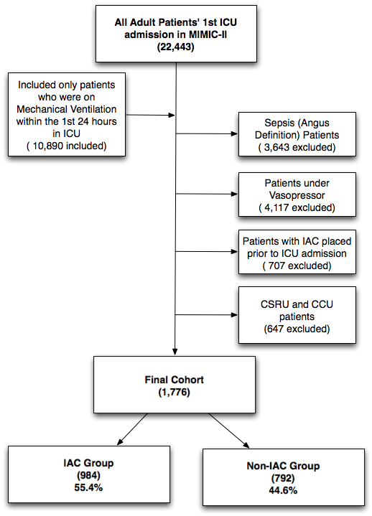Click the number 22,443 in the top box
(175, 47)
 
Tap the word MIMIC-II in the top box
(208, 34)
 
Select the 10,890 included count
(67, 146)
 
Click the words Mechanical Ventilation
(67, 109)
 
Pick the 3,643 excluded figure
(297, 147)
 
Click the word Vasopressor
(297, 195)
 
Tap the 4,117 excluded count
(297, 207)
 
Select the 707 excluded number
(297, 266)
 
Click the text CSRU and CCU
(297, 304)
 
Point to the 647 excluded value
(297, 329)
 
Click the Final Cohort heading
(174, 380)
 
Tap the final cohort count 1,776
(174, 393)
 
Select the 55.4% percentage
(88, 487)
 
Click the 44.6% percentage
(283, 490)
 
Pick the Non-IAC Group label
(283, 466)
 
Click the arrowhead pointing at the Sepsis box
(234, 133)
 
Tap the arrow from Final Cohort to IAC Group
(132, 428)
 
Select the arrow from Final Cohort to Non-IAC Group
(229, 431)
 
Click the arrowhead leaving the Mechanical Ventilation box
(171, 115)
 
